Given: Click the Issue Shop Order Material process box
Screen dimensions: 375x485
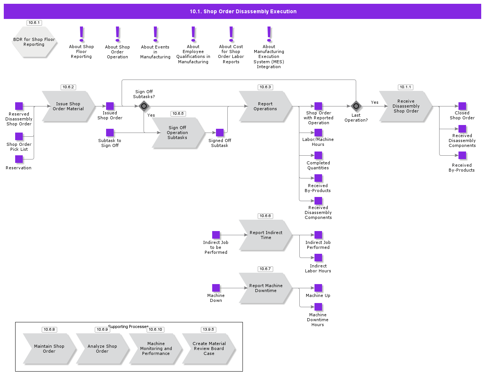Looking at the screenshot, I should click(68, 106).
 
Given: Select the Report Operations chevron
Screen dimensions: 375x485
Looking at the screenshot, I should click(265, 106).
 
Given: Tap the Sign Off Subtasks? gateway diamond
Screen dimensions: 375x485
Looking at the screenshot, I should click(144, 106).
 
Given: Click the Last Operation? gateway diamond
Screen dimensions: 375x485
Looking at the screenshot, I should click(356, 106).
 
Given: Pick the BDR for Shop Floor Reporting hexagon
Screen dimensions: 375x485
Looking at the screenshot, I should click(34, 42).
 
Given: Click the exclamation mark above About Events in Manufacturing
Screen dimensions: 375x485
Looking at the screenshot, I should click(155, 34).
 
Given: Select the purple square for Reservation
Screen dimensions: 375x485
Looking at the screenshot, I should click(19, 159).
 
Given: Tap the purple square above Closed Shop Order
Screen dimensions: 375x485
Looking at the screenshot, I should click(462, 106).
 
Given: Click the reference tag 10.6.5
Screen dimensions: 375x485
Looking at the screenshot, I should click(178, 114).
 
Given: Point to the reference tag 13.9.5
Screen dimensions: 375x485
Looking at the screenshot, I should click(208, 330).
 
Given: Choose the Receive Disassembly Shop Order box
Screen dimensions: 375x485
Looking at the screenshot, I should click(406, 106).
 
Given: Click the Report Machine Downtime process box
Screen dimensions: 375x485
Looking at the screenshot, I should click(266, 288).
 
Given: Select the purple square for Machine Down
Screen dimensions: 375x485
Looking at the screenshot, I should click(216, 288).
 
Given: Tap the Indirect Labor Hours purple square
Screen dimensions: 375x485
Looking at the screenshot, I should click(318, 258).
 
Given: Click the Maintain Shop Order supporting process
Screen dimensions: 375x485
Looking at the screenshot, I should click(49, 349).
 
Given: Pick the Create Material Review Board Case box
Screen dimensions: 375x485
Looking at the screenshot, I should click(209, 349).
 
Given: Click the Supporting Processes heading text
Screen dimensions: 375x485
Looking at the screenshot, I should click(128, 327).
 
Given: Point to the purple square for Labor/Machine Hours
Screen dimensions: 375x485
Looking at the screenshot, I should click(318, 133).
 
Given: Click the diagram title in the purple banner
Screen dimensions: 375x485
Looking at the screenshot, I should click(243, 11).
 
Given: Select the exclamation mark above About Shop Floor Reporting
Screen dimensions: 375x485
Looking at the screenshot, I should click(81, 34).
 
